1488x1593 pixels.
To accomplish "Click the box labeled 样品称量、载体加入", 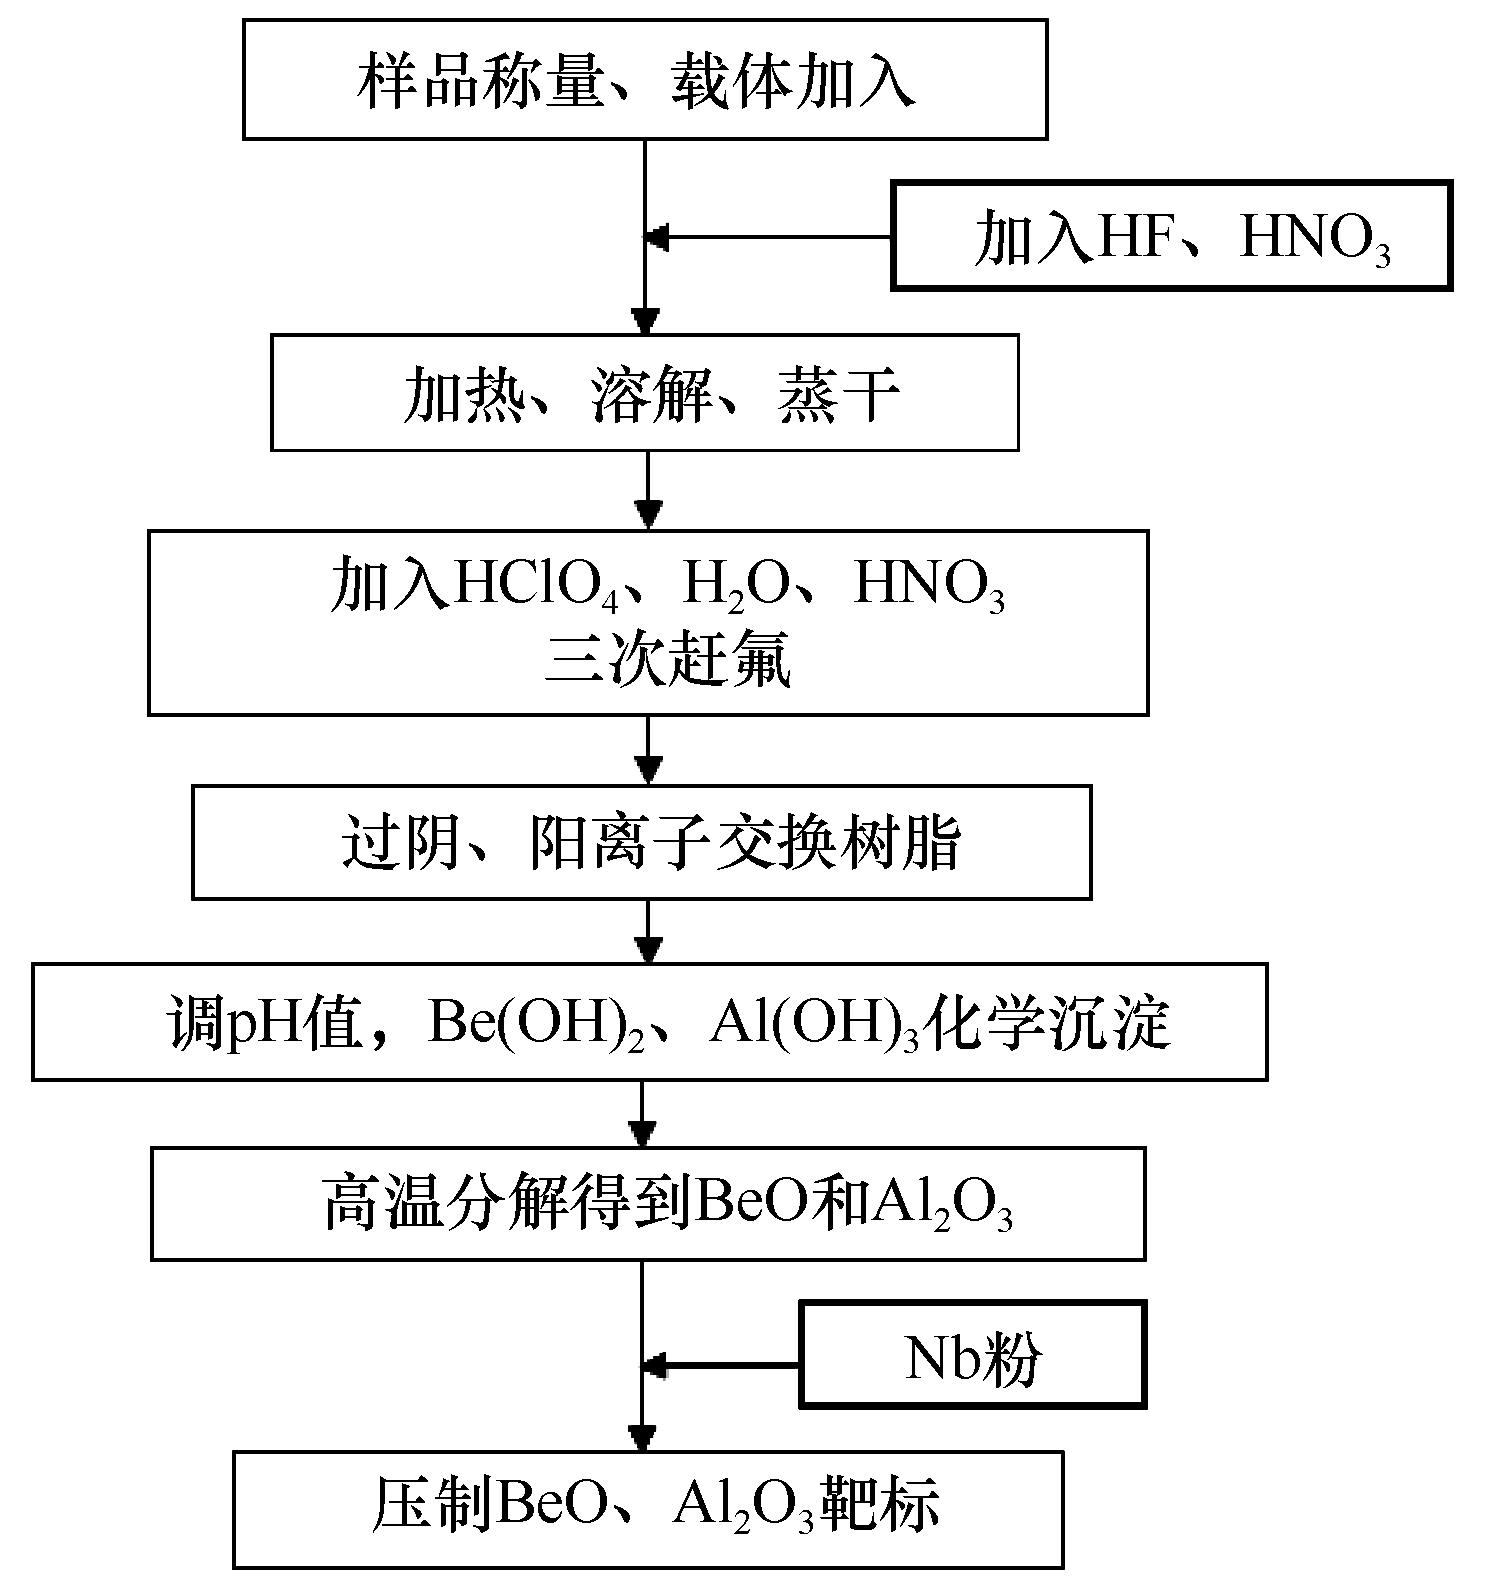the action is tap(645, 79).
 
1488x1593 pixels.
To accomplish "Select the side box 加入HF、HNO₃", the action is tap(1171, 236).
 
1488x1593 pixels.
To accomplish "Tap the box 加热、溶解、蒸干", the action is tap(645, 393).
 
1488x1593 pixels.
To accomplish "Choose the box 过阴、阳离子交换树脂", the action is tap(641, 842).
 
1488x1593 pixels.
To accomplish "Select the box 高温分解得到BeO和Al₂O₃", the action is tap(648, 1203).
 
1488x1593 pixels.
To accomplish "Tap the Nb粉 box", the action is tap(973, 1354).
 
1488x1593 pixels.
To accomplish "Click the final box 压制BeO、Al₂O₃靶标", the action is tap(648, 1510).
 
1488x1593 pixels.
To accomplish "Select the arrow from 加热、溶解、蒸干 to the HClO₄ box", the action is tap(649, 490).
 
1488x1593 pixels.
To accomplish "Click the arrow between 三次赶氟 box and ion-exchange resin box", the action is tap(649, 750).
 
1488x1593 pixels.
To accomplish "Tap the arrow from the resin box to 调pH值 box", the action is tap(649, 931).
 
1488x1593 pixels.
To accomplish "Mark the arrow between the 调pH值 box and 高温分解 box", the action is tap(642, 1114).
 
